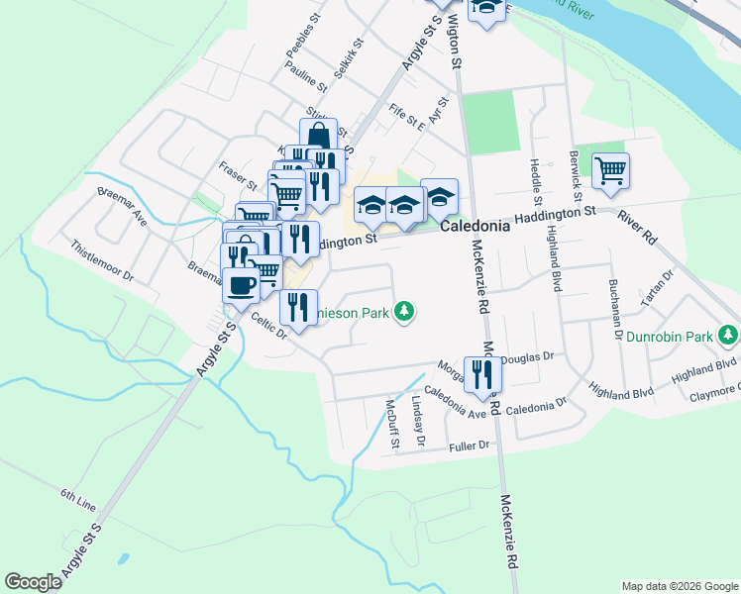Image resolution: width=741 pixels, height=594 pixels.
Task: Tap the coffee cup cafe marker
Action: coord(240,286)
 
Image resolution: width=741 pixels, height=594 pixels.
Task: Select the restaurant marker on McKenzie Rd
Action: coord(482,374)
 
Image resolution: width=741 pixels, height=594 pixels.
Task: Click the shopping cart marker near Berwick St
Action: coord(610,171)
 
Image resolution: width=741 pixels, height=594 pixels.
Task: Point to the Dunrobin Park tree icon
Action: coord(729,336)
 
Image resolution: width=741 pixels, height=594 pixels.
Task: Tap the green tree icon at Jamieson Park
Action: coord(403,313)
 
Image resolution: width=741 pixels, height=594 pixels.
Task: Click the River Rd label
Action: coord(637,228)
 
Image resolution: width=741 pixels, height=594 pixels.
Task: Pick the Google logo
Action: coord(33,582)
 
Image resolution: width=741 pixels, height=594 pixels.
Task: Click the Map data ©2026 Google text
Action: coord(679,586)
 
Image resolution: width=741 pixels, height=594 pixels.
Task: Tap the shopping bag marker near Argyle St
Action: coord(318,136)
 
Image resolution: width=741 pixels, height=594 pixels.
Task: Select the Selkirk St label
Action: coord(350,60)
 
